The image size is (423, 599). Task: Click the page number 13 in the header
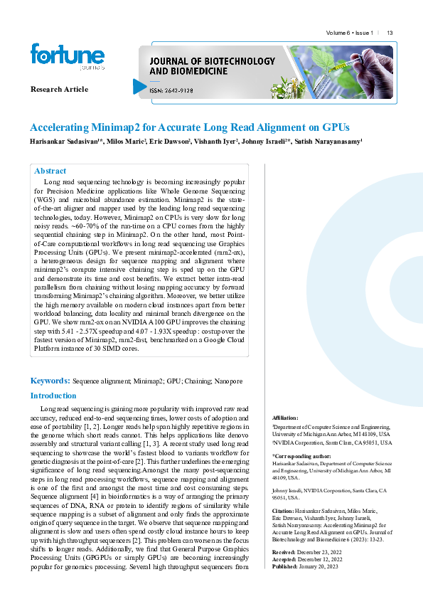click(390, 33)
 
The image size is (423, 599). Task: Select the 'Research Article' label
click(59, 89)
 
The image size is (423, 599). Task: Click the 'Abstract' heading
click(50, 171)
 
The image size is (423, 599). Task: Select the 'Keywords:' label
click(50, 381)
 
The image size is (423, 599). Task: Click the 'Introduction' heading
click(53, 396)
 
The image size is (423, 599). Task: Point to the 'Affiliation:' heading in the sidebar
click(286, 418)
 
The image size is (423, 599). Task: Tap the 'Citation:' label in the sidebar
click(284, 511)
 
